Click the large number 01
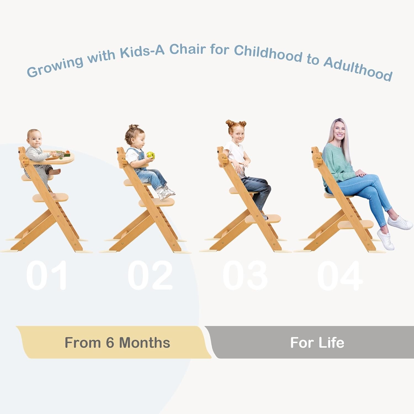pyautogui.click(x=47, y=275)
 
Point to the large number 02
pyautogui.click(x=150, y=275)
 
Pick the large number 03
pyautogui.click(x=245, y=275)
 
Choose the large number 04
pyautogui.click(x=340, y=275)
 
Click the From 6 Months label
pyautogui.click(x=117, y=343)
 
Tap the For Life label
pyautogui.click(x=317, y=343)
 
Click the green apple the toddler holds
pyautogui.click(x=151, y=155)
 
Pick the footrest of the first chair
pyautogui.click(x=51, y=197)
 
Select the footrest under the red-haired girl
pyautogui.click(x=263, y=219)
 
